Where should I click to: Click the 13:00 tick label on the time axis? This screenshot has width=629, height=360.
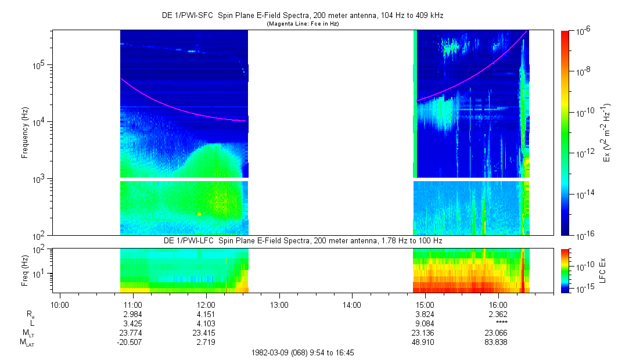(x=279, y=305)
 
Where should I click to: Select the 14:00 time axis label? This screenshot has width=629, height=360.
(x=352, y=305)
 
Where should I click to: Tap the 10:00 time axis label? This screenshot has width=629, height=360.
(x=60, y=305)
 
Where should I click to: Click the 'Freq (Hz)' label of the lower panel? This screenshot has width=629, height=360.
(x=25, y=270)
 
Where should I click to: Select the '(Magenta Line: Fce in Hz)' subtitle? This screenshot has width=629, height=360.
(x=303, y=24)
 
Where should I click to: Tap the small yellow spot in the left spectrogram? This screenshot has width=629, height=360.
(x=199, y=214)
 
